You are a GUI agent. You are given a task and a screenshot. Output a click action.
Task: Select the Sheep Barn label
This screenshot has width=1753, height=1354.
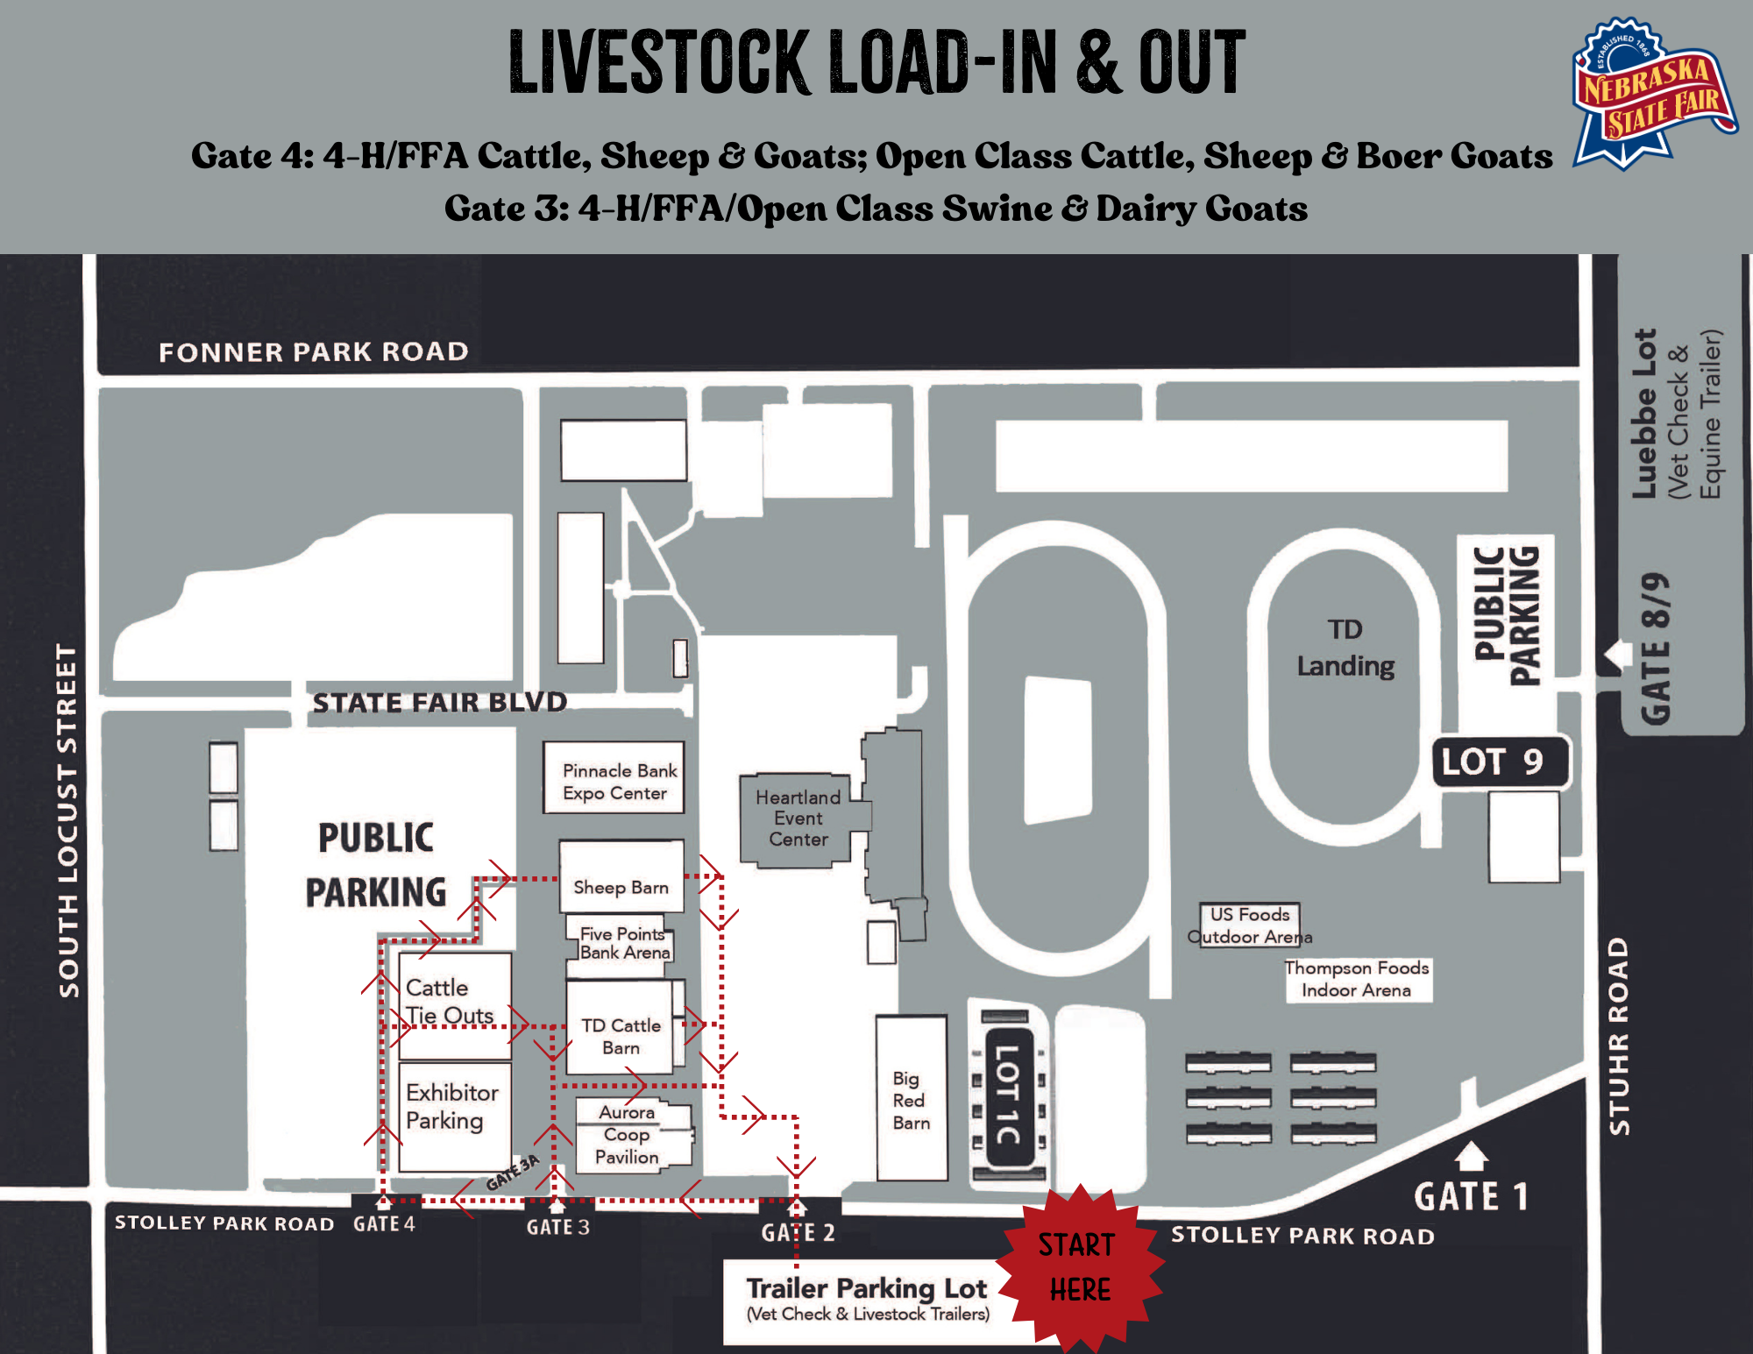[621, 887]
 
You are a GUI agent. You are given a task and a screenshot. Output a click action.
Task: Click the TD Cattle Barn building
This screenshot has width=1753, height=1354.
[621, 1027]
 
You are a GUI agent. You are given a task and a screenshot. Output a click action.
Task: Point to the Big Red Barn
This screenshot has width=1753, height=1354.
[912, 1098]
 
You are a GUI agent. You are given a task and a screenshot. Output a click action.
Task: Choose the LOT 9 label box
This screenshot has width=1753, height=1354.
[1500, 762]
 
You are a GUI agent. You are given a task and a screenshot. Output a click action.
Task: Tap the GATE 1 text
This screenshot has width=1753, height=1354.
[1471, 1196]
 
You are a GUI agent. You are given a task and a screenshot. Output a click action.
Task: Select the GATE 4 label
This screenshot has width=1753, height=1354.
[384, 1223]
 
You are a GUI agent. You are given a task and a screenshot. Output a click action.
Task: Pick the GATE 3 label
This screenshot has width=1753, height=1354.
[558, 1227]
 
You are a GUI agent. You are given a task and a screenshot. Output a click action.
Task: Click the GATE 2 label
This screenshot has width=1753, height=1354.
[798, 1233]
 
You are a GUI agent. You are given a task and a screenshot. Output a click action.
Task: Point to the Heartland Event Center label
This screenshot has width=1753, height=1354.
[798, 818]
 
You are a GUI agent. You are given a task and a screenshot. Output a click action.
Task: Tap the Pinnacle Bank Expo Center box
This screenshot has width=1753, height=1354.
[614, 778]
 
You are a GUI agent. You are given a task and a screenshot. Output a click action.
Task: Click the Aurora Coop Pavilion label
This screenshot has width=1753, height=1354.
[627, 1134]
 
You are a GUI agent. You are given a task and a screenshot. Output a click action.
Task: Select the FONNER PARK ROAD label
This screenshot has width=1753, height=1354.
[314, 352]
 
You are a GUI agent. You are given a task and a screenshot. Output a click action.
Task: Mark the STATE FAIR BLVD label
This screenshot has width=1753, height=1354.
[440, 702]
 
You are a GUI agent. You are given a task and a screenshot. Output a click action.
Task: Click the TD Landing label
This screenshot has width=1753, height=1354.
[1345, 648]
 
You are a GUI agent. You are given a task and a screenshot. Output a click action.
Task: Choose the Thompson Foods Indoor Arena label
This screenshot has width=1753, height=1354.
[1357, 979]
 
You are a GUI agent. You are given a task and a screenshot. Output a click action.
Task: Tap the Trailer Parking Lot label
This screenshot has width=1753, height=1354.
[867, 1288]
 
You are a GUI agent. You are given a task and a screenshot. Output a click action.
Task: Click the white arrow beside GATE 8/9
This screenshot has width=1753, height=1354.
[1618, 655]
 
